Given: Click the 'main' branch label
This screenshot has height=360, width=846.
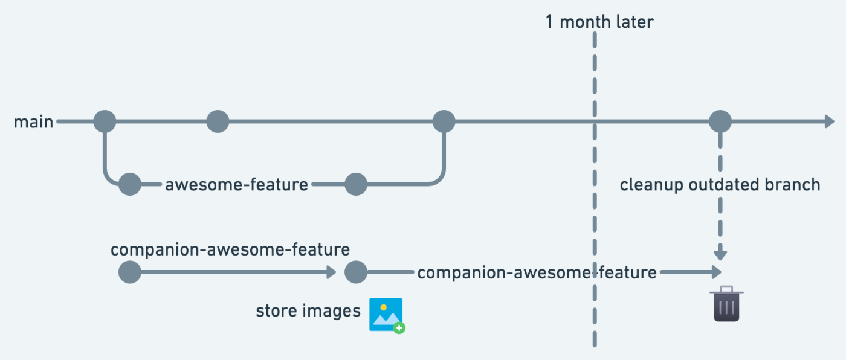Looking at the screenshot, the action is (33, 122).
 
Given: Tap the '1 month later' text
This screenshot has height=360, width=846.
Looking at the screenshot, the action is (599, 22).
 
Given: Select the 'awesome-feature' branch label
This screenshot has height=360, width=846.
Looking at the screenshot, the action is (236, 185).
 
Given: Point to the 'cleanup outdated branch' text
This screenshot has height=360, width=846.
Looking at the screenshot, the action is (720, 185).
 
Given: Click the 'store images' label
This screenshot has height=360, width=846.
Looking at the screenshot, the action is (308, 311).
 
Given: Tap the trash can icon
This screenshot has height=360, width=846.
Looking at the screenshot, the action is (726, 304).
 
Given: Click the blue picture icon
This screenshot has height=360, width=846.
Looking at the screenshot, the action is (386, 315).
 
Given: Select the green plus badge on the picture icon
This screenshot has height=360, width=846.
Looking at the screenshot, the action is (399, 328).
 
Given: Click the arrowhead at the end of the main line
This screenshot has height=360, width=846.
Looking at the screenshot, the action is (829, 121).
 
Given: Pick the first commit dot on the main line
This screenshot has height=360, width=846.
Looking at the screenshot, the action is (105, 121).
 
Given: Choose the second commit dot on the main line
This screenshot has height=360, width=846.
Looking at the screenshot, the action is (218, 121).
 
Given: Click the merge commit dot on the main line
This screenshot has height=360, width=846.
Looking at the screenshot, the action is (444, 121).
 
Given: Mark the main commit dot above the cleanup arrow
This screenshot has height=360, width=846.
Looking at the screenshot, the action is (720, 121).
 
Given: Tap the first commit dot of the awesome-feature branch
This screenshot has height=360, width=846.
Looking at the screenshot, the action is (129, 184).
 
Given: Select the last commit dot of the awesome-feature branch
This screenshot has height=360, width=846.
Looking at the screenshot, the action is (356, 184).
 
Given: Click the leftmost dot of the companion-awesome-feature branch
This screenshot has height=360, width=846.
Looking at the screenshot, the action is (129, 272).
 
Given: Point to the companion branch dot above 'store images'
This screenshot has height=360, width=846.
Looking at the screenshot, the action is (356, 272).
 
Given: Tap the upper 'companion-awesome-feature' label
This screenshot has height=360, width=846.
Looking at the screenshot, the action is (230, 250).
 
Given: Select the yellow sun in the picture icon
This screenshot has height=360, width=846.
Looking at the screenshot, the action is (383, 307).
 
